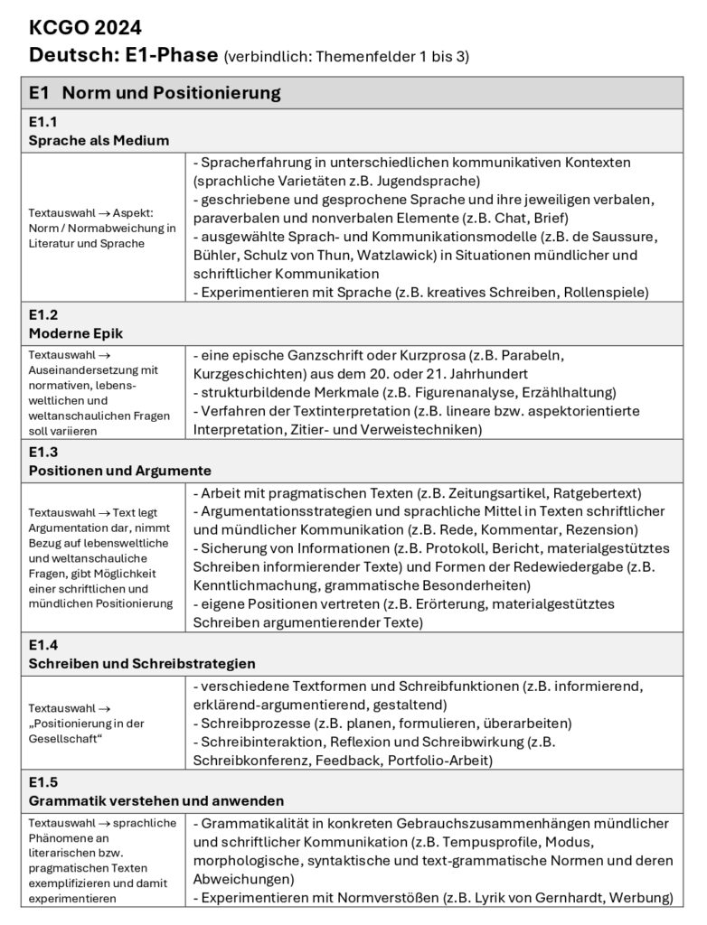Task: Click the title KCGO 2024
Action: (x=85, y=28)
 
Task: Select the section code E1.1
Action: (x=43, y=121)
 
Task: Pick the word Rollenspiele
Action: (x=602, y=292)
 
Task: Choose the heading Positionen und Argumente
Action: (x=120, y=471)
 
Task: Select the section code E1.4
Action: (x=43, y=645)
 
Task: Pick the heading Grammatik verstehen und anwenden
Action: (x=156, y=800)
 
